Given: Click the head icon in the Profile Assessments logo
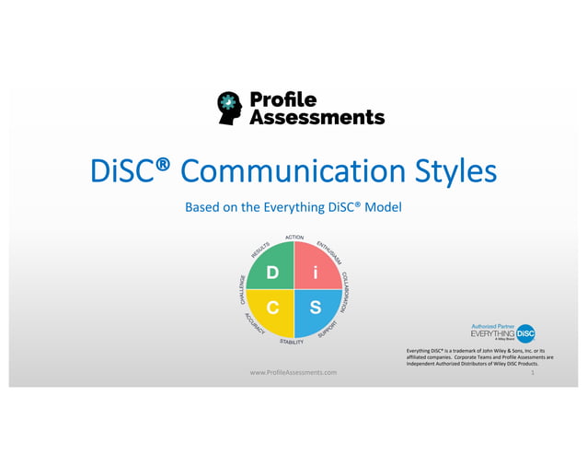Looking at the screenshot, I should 230,107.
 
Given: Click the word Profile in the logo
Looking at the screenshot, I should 283,99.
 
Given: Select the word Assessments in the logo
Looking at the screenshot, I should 317,117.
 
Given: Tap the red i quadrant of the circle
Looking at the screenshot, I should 315,274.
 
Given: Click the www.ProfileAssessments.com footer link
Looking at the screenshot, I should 293,371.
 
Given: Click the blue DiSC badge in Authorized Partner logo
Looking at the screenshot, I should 525,333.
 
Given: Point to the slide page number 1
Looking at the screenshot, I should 534,371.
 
